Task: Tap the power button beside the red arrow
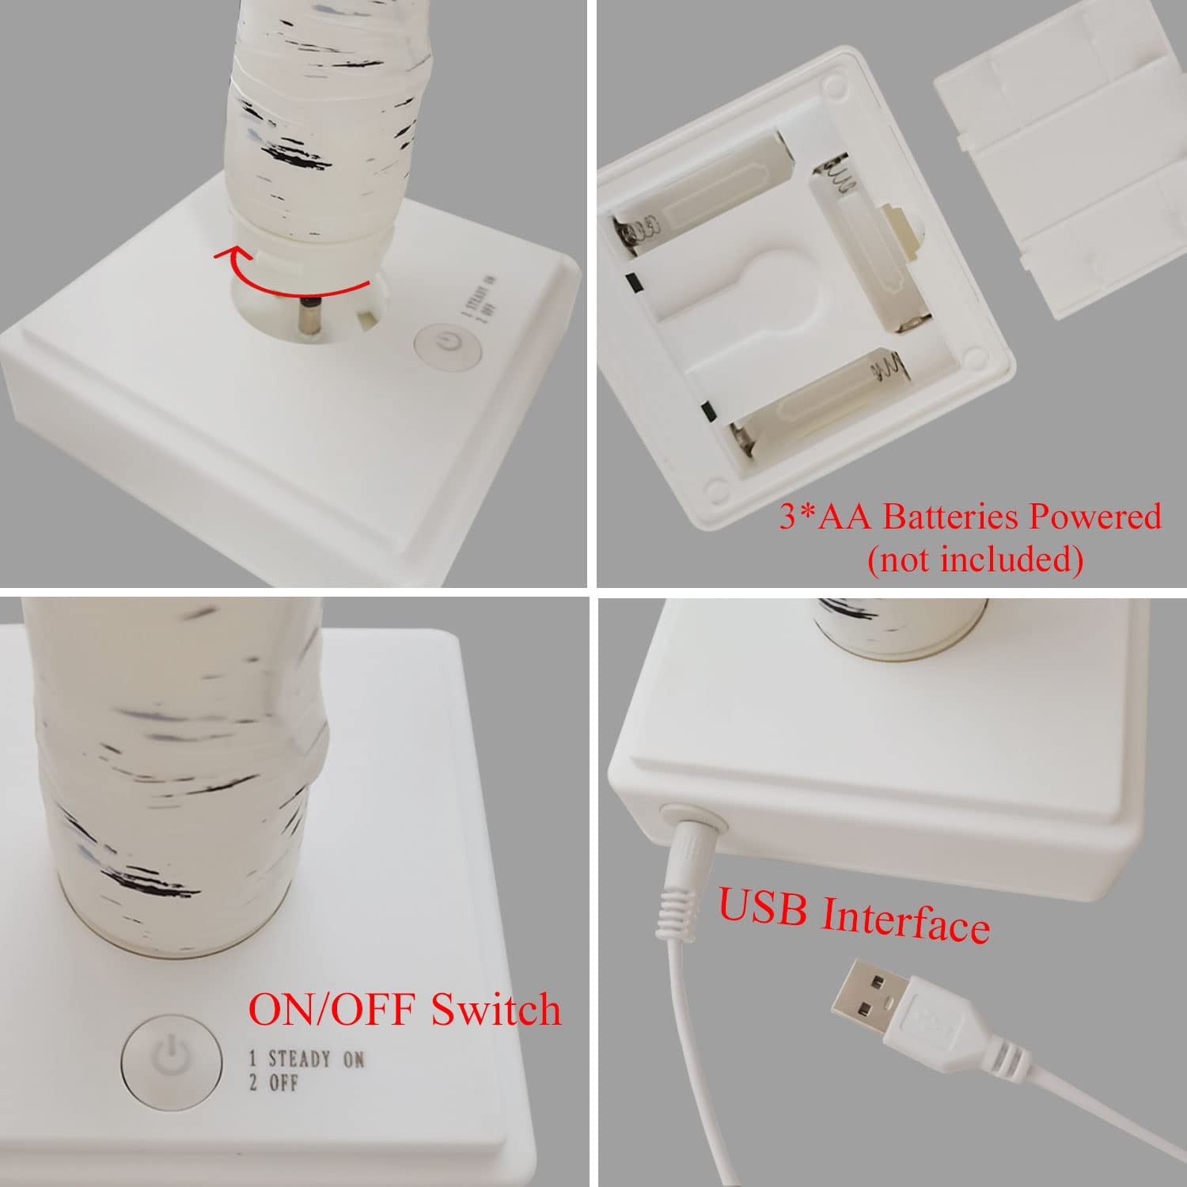pyautogui.click(x=448, y=345)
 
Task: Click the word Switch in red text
pyautogui.click(x=495, y=1009)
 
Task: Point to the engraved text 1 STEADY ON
pyautogui.click(x=307, y=1059)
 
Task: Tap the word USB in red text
pyautogui.click(x=764, y=908)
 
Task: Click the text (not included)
pyautogui.click(x=975, y=559)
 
